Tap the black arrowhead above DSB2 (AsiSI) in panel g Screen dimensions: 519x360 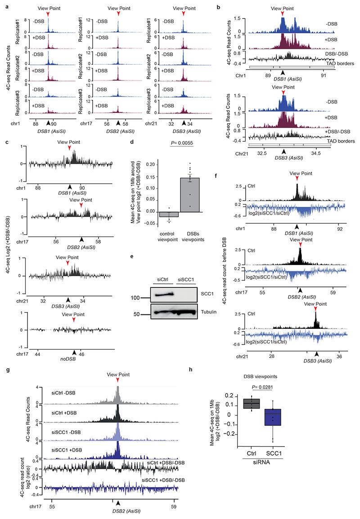coord(118,503)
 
